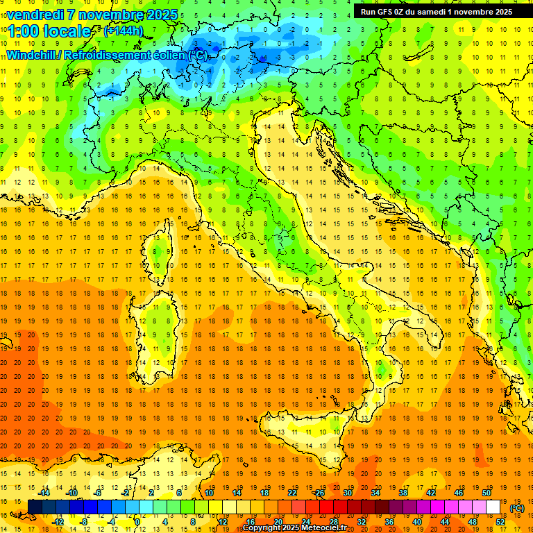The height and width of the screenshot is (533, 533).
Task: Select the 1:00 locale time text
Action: click(49, 31)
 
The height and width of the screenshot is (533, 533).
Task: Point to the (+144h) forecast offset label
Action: click(124, 31)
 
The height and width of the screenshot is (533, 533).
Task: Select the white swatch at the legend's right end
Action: click(493, 507)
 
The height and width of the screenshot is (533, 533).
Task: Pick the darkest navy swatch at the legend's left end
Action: click(35, 507)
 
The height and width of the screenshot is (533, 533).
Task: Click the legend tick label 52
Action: click(500, 522)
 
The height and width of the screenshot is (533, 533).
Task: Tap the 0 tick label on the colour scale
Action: click(138, 522)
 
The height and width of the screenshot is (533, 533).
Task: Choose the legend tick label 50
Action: click(486, 493)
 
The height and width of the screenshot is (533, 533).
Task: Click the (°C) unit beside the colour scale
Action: click(516, 507)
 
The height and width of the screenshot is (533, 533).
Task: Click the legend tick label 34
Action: click(375, 493)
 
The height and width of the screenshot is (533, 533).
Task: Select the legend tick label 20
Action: click(278, 522)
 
